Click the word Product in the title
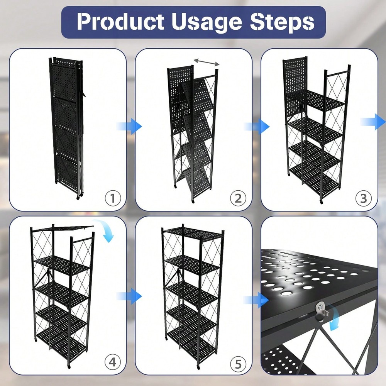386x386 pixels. [x=119, y=22]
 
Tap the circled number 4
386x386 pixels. [x=113, y=362]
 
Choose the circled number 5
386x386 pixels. [x=238, y=362]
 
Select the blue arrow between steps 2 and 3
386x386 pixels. [x=257, y=126]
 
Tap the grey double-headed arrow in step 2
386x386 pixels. [x=207, y=62]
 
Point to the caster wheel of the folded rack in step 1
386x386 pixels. [x=78, y=197]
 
